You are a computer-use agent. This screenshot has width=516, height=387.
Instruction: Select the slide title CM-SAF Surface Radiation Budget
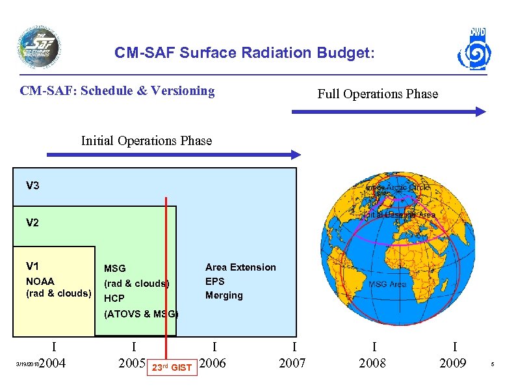[244, 53]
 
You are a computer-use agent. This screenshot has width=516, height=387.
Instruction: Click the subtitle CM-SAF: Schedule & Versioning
[118, 90]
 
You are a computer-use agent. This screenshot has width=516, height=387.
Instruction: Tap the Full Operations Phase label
[378, 94]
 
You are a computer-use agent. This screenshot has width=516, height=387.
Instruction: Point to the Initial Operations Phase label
[146, 140]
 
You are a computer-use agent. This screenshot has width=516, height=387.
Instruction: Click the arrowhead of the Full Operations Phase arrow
[480, 112]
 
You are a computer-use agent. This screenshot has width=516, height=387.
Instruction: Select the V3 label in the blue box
[32, 186]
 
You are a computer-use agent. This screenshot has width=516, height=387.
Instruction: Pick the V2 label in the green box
[32, 223]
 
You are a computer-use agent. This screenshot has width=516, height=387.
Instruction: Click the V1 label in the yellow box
[32, 266]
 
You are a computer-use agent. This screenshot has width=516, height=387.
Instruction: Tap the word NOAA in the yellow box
[40, 281]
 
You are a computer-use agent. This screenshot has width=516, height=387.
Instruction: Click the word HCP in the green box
[114, 299]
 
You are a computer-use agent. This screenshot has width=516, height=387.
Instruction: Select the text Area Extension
[240, 267]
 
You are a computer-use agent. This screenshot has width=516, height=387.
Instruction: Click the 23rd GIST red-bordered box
[172, 367]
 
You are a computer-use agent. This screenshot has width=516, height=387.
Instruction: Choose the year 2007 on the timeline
[292, 363]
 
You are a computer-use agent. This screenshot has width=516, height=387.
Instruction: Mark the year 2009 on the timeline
[452, 363]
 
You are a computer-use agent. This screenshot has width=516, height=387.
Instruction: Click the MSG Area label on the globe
[387, 284]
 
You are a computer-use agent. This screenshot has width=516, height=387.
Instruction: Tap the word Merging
[224, 295]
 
